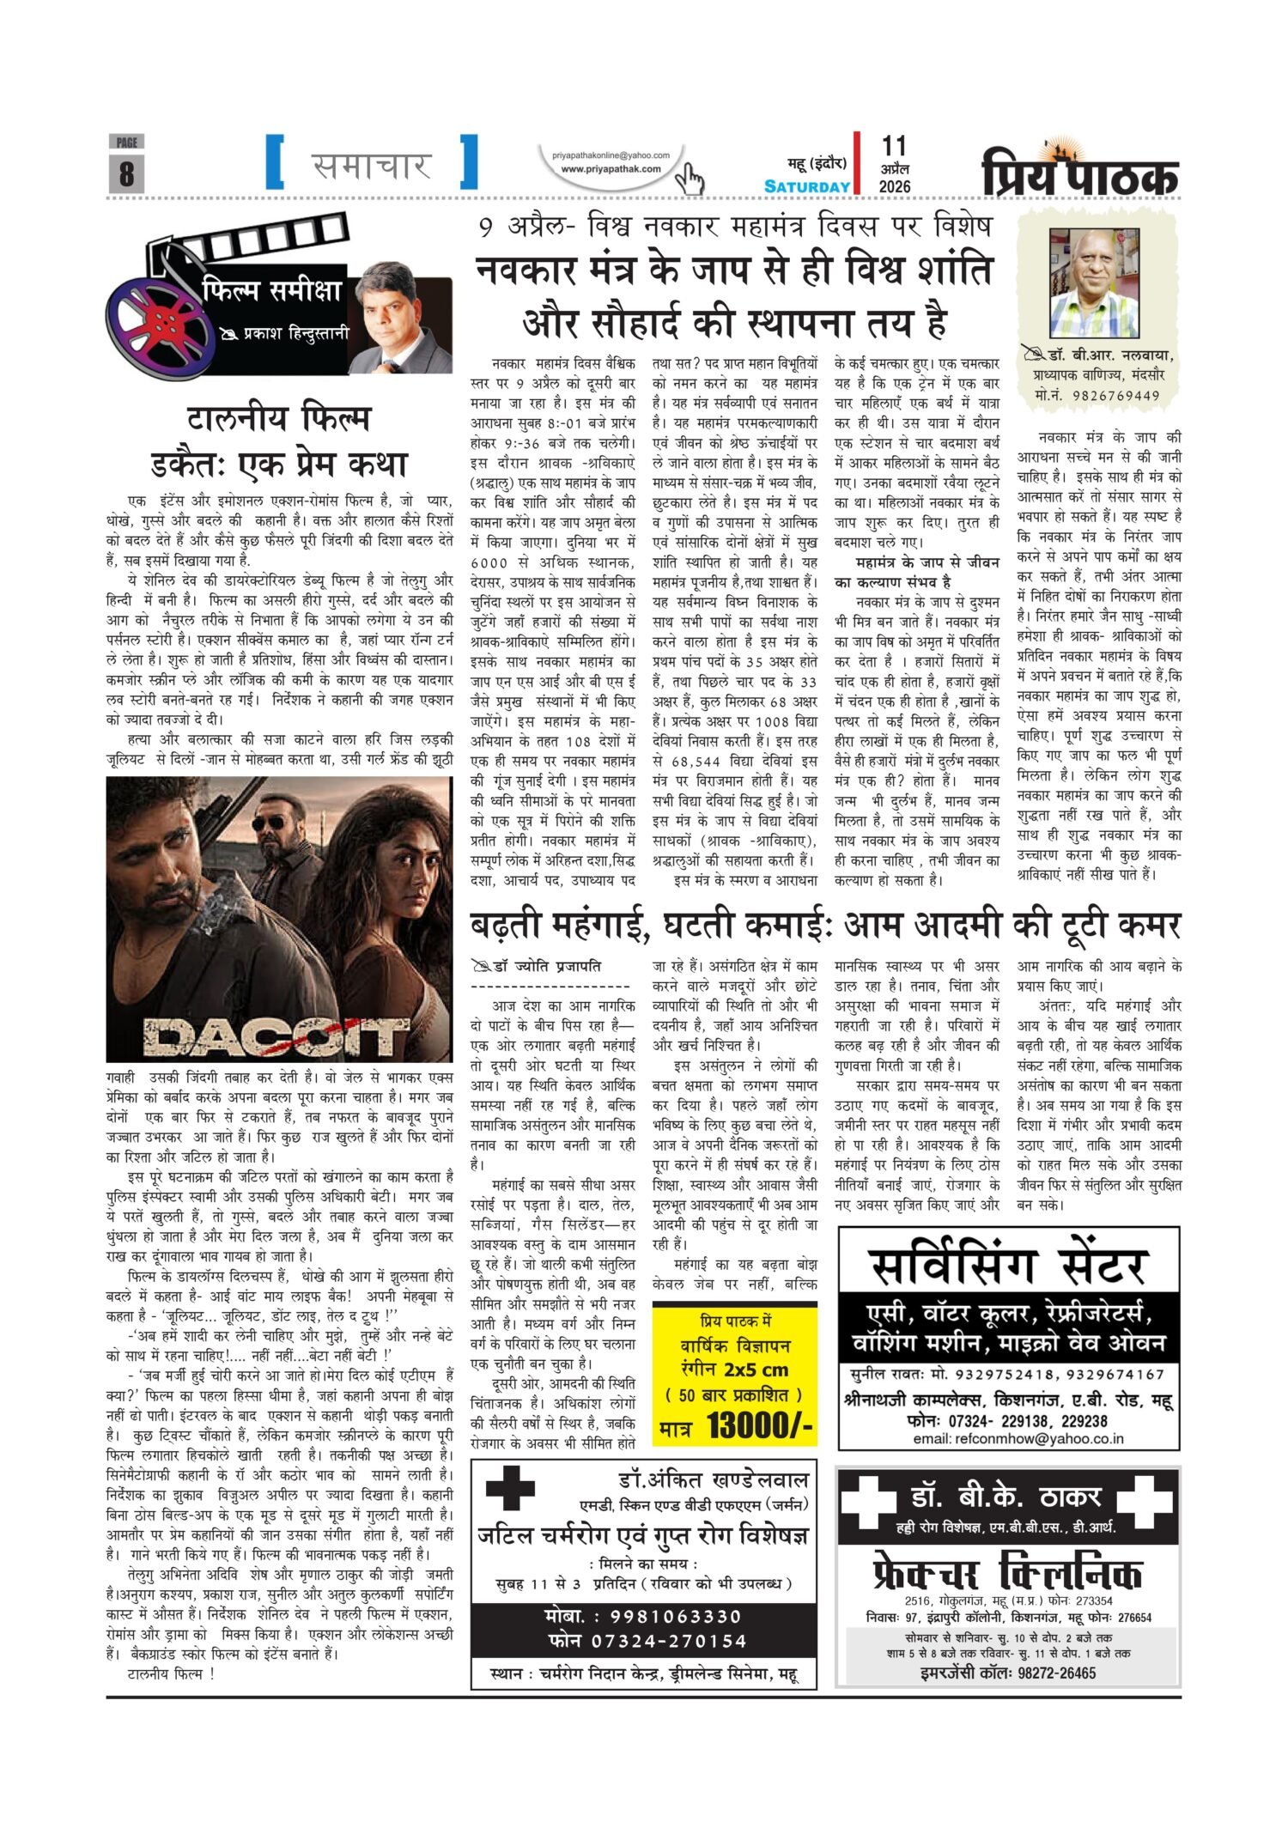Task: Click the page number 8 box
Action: (x=126, y=171)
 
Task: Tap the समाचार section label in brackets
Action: (x=371, y=164)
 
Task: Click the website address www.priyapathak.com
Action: (x=611, y=169)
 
